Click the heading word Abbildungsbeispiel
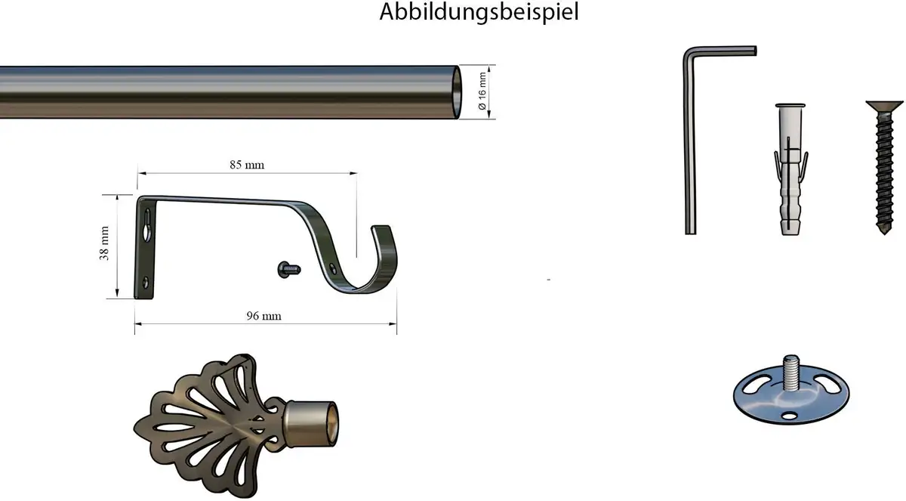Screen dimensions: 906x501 (x=479, y=12)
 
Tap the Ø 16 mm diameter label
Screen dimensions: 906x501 (x=482, y=91)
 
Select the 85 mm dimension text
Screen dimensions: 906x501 (x=247, y=165)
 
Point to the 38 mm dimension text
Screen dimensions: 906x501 (x=104, y=243)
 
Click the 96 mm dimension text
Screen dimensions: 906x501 (x=263, y=316)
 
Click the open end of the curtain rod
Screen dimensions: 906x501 (x=456, y=92)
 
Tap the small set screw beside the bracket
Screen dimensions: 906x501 (x=289, y=270)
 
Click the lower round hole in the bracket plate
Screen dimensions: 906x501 (x=146, y=282)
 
